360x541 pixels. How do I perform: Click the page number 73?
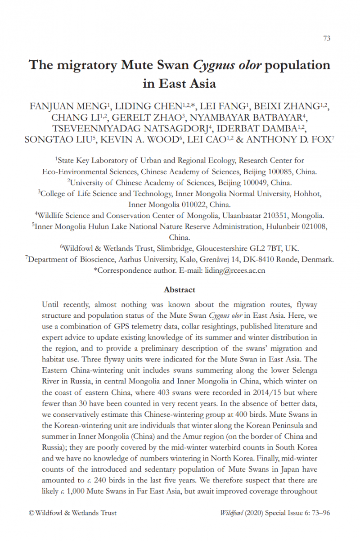click(327, 38)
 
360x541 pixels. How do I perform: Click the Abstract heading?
click(180, 289)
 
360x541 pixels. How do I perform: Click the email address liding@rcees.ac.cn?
click(235, 270)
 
